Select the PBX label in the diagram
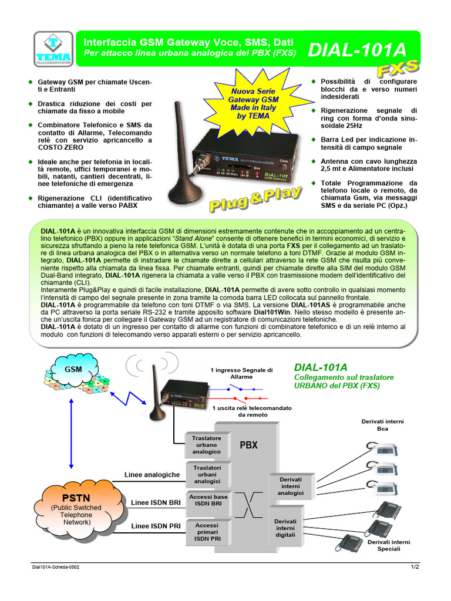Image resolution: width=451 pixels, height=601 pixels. tap(248, 445)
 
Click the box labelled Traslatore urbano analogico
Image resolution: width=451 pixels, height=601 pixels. tap(206, 445)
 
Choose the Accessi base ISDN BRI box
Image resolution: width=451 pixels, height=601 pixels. tap(208, 500)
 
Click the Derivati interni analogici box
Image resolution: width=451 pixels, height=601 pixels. tap(290, 487)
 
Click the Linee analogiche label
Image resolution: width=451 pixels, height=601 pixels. tap(152, 474)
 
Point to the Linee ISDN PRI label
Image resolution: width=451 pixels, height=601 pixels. tap(156, 526)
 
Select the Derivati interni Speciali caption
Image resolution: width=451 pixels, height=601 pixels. tap(389, 545)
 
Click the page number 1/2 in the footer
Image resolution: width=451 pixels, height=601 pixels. tap(415, 567)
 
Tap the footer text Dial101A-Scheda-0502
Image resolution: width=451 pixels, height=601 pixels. tap(56, 567)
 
